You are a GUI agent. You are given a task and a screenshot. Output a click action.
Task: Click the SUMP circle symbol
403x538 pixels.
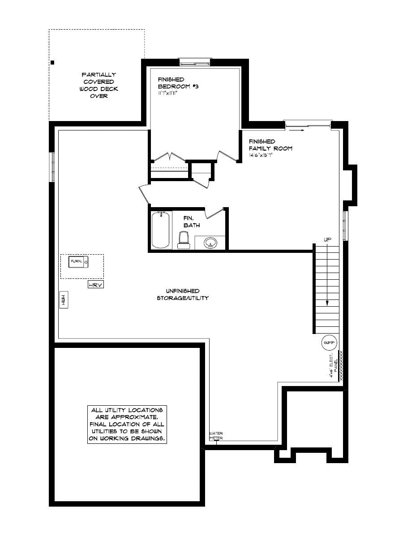coord(329,343)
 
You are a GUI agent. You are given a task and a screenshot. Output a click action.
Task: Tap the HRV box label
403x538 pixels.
coord(96,285)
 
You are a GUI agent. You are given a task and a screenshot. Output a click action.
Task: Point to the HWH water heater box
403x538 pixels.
coord(64,300)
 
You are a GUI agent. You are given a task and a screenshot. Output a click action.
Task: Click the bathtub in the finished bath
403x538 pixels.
coord(161,230)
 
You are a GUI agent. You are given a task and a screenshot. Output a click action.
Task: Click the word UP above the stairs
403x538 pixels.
coord(327,240)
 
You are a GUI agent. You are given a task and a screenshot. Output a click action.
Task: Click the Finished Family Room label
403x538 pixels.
coord(270,145)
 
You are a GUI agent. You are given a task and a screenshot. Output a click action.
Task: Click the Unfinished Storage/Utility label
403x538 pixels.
coord(182,295)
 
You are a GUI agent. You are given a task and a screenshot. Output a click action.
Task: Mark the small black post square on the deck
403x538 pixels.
coord(52,62)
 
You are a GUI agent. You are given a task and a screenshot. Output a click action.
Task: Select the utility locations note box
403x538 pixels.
coord(127,425)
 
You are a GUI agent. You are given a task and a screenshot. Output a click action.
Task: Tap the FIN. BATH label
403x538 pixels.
coord(191,221)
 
